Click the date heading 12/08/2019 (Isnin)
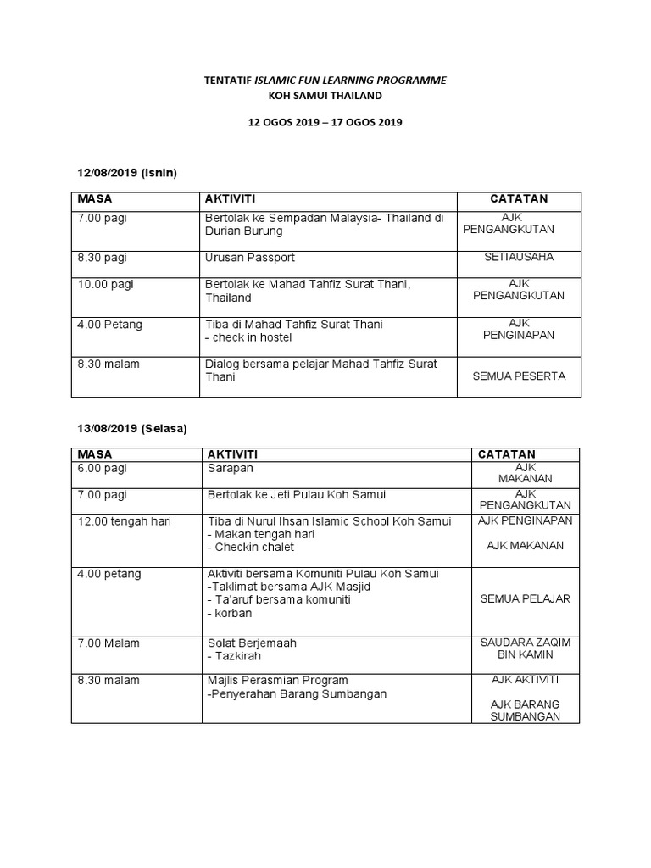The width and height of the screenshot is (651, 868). click(x=127, y=173)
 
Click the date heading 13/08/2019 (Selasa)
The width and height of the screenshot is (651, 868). click(x=132, y=429)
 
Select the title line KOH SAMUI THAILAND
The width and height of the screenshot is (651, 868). click(x=325, y=96)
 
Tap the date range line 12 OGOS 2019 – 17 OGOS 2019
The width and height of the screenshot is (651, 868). click(x=325, y=122)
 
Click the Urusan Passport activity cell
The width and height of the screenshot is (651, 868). click(x=250, y=257)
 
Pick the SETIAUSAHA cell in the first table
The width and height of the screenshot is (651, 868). click(x=519, y=257)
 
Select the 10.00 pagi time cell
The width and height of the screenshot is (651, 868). click(x=106, y=284)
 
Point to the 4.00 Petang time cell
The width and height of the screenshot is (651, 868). click(x=110, y=324)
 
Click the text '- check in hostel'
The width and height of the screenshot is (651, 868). click(x=248, y=337)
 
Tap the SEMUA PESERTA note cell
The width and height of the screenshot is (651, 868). click(x=519, y=376)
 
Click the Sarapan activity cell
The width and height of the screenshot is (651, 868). click(x=231, y=468)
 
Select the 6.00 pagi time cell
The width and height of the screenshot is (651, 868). click(x=103, y=468)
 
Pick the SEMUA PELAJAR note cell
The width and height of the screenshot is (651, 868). click(x=525, y=598)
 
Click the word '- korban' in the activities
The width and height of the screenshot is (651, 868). click(x=230, y=613)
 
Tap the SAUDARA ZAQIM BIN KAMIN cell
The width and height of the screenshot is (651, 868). click(x=525, y=648)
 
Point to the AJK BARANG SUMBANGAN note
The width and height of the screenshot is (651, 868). click(x=525, y=710)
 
